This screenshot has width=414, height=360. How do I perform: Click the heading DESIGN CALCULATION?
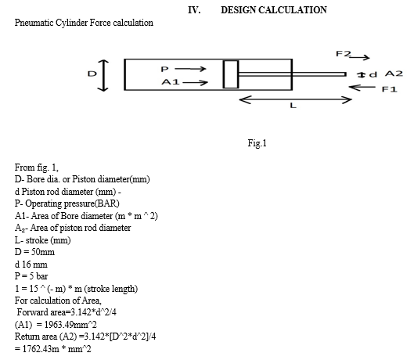click(x=274, y=10)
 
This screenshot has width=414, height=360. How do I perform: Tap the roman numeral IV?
click(x=194, y=10)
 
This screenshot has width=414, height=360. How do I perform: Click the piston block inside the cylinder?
click(x=231, y=74)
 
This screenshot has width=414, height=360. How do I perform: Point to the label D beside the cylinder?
click(x=92, y=74)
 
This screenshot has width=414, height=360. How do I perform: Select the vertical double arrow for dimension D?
click(x=103, y=76)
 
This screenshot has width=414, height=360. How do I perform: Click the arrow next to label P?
click(x=190, y=69)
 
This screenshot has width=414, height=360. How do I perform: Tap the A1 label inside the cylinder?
click(x=171, y=82)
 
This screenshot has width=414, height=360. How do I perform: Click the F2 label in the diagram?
click(x=344, y=54)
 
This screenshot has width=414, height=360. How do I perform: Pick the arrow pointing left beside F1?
click(x=362, y=87)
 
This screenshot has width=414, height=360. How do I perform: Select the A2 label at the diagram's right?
click(x=394, y=74)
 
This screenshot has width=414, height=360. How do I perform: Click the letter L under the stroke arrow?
click(x=293, y=106)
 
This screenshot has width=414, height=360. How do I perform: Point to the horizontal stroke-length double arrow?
click(x=295, y=100)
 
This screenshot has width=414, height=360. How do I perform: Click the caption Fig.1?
click(x=257, y=143)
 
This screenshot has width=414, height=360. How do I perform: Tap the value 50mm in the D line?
click(x=43, y=252)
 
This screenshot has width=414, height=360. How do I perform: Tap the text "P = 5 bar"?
click(x=31, y=276)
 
